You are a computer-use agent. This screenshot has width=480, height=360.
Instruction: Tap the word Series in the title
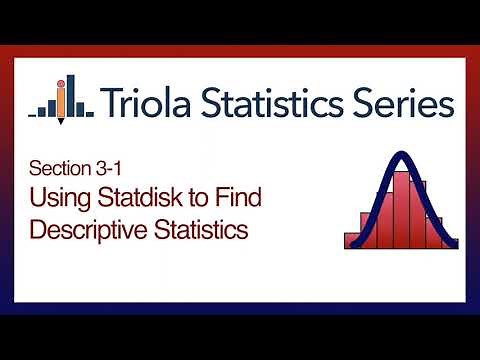(405, 101)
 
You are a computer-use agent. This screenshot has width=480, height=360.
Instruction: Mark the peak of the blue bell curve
(400, 155)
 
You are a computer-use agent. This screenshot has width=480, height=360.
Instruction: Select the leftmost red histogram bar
(351, 240)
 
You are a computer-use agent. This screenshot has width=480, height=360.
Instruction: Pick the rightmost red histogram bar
(450, 241)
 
